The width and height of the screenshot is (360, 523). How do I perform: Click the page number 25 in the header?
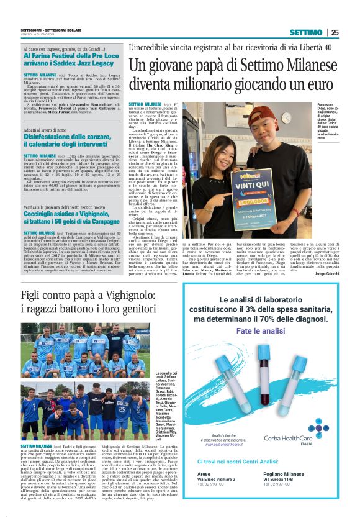[335, 32]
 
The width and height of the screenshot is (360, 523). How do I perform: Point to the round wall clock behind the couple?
[287, 117]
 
